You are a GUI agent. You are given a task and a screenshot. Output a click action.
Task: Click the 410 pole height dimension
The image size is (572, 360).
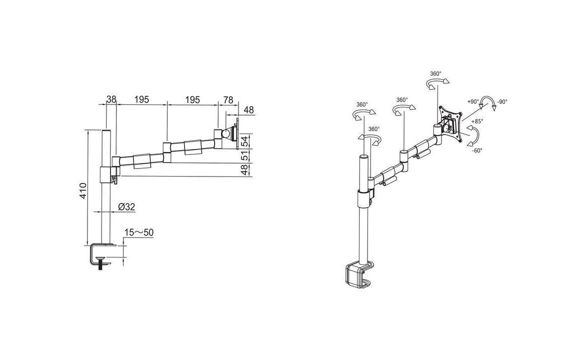(83, 190)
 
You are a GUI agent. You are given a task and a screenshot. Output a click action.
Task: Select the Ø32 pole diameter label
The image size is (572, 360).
(126, 207)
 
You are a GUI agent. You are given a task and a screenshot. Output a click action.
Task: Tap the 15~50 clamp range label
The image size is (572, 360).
(139, 232)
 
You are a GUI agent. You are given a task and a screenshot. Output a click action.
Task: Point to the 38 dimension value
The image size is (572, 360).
(111, 99)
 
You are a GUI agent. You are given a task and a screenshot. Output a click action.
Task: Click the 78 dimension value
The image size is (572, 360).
(228, 99)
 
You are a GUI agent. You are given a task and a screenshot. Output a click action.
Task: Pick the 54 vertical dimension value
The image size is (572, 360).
(245, 141)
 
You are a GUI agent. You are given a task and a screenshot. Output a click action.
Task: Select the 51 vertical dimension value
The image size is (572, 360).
(245, 156)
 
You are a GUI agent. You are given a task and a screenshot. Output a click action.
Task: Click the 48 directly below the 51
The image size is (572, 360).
(245, 169)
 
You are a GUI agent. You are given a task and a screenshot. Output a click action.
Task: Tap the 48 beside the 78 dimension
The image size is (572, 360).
(248, 110)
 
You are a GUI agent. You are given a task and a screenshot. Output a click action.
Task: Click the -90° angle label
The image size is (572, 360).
(502, 102)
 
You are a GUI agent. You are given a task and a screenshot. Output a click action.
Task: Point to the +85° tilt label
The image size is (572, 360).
(477, 121)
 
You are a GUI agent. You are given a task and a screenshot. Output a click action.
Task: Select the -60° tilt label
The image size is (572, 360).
(477, 150)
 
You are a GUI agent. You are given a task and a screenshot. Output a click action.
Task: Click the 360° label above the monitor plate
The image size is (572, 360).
(435, 73)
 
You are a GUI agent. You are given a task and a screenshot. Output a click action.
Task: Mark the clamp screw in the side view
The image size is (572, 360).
(100, 263)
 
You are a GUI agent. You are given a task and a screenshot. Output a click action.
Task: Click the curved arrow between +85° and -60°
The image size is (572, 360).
(472, 135)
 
